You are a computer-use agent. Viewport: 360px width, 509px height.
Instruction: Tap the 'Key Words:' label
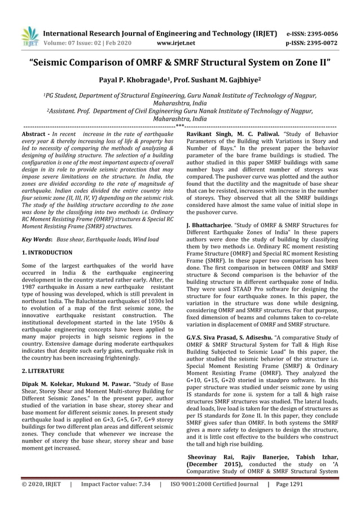click(37, 240)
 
